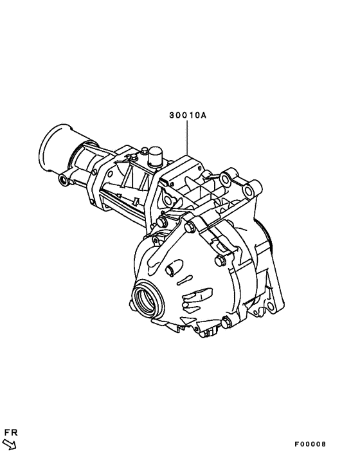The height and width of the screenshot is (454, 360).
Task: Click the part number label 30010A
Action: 188,115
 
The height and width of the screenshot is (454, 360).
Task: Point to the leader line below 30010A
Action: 187,138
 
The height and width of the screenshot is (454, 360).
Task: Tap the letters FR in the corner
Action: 11,433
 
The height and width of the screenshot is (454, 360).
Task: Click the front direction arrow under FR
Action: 10,444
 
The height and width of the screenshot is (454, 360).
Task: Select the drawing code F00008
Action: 310,444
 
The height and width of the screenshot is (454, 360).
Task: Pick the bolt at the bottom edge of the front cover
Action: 226,322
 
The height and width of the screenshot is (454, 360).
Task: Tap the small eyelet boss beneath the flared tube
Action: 64,180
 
